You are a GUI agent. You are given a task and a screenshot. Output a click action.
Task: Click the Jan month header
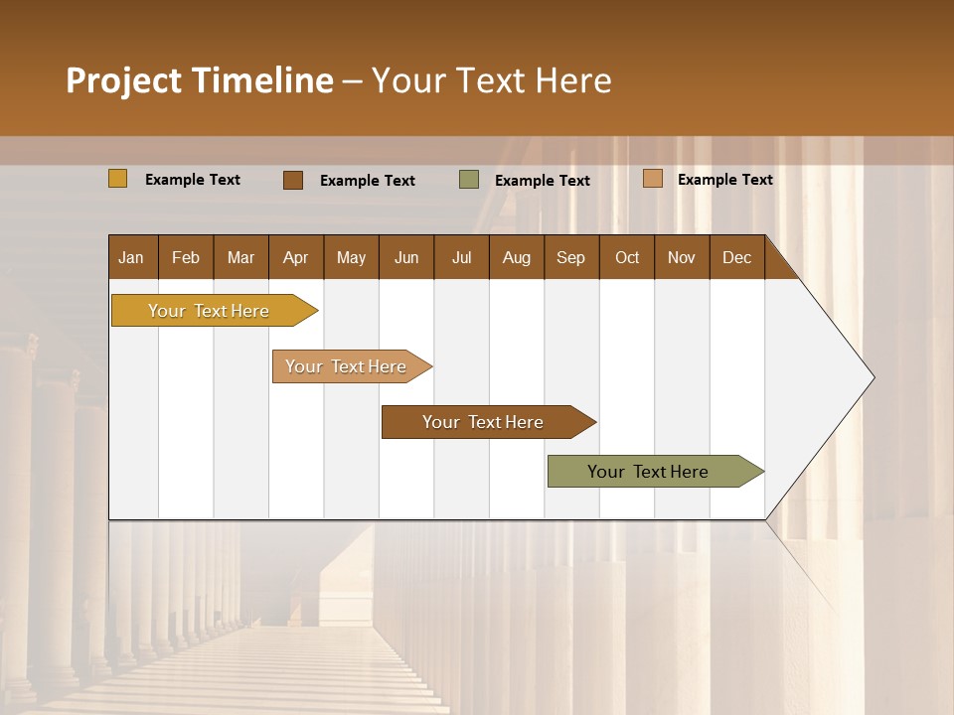click(x=131, y=258)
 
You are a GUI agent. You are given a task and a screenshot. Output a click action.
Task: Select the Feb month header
click(x=186, y=258)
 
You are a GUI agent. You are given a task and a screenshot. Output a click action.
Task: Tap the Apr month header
click(x=295, y=258)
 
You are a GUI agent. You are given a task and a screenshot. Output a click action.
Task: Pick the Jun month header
click(x=406, y=258)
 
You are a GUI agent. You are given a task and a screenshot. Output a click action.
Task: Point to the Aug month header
click(x=516, y=258)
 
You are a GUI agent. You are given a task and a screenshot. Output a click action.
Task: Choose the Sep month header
click(x=570, y=258)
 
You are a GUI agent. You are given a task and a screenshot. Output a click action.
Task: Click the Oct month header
click(x=627, y=258)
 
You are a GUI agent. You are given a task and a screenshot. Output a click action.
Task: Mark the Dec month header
click(x=736, y=258)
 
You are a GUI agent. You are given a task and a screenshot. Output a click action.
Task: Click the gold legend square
click(x=118, y=179)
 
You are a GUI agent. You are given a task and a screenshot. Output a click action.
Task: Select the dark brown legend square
click(x=293, y=180)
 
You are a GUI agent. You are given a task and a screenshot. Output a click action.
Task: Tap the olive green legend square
click(x=469, y=180)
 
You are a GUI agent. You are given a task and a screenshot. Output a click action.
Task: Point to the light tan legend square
click(x=653, y=179)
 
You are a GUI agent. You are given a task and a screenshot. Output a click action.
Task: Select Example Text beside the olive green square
click(x=542, y=181)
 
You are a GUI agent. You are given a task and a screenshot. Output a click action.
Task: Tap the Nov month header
click(x=681, y=258)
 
